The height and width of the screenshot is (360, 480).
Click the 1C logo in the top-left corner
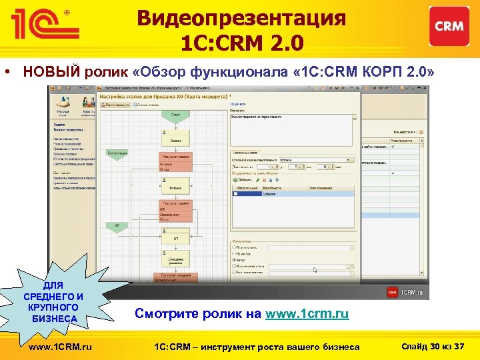click(43, 26)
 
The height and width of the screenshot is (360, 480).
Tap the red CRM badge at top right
click(449, 26)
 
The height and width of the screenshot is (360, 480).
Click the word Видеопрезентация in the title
click(241, 18)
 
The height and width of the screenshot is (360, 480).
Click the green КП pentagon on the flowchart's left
click(116, 227)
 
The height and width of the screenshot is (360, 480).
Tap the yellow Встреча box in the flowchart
click(175, 189)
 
